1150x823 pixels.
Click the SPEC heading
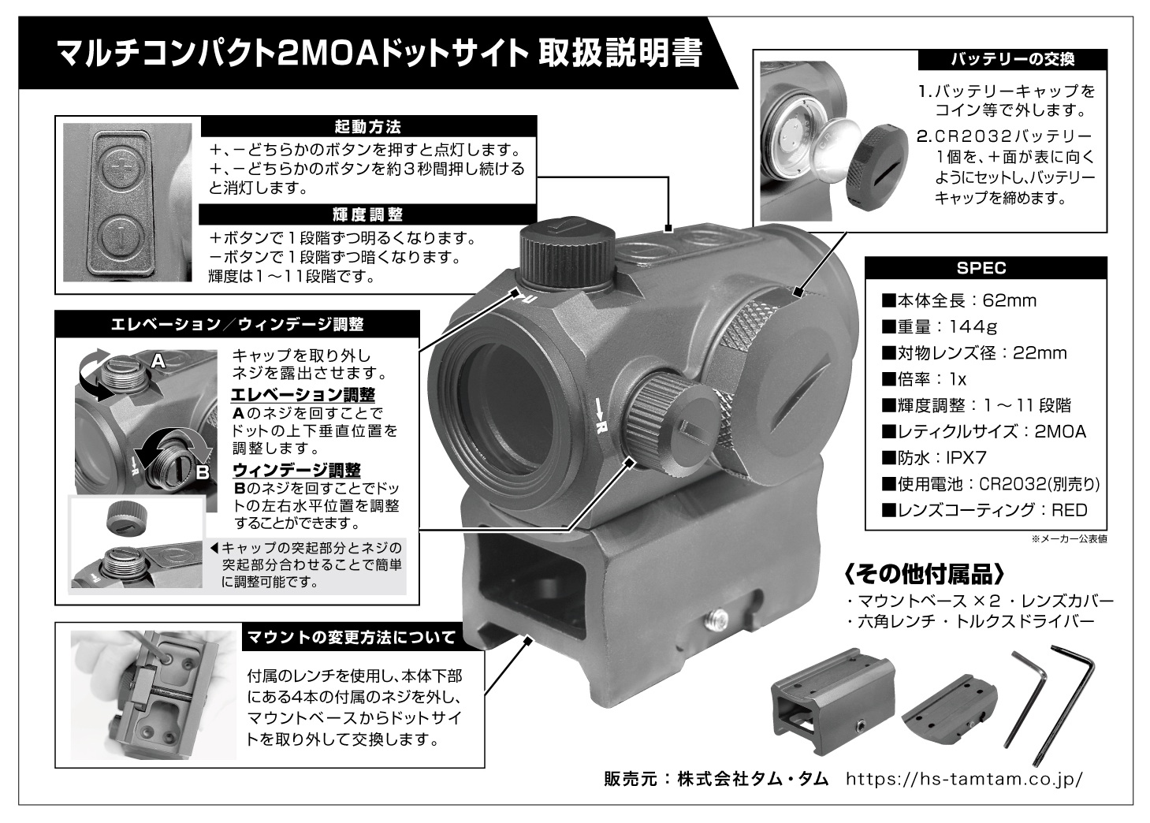981,268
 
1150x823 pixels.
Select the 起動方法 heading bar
367,126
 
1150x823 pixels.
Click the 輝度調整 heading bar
367,214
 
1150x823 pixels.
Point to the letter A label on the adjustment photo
158,362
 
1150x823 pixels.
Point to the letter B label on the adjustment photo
203,471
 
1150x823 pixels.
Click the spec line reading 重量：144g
940,326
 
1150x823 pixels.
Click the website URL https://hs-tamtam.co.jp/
964,779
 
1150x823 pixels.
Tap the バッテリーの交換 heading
1012,60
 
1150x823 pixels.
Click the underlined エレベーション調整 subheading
303,395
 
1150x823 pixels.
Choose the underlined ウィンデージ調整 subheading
296,470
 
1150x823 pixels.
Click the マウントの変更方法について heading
352,638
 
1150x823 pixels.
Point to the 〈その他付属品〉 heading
924,575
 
